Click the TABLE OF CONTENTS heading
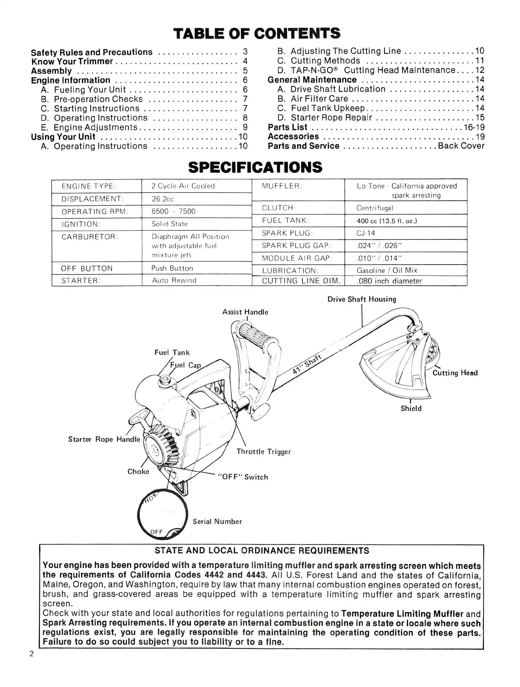click(256, 33)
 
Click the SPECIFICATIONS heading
click(256, 167)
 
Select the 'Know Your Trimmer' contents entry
click(72, 61)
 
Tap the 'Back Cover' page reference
click(461, 146)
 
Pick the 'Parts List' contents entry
click(288, 127)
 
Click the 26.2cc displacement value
click(163, 199)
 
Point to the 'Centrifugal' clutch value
click(375, 208)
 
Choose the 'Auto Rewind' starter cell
click(174, 281)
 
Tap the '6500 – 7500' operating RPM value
click(173, 211)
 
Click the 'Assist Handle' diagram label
click(245, 312)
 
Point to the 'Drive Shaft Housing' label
click(362, 299)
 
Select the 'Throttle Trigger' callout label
click(263, 452)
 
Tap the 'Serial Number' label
click(217, 522)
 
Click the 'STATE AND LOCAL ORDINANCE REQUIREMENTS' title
click(262, 551)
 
